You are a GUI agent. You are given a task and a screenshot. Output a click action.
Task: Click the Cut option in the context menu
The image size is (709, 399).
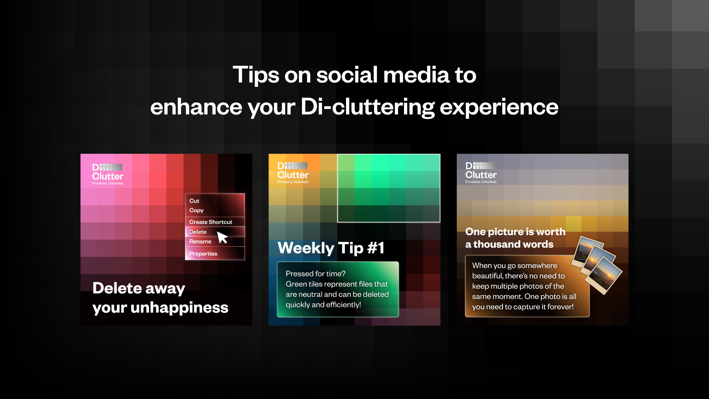tap(194, 201)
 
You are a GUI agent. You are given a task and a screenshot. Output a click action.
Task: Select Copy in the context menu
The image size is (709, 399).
tap(196, 210)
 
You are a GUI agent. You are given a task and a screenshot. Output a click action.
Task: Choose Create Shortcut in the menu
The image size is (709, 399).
tap(210, 222)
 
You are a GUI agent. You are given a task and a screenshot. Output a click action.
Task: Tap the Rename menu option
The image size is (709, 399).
tap(200, 242)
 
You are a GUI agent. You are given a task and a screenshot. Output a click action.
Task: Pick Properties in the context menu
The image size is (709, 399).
tap(203, 254)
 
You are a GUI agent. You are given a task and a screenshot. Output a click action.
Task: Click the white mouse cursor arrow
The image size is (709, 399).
tap(222, 237)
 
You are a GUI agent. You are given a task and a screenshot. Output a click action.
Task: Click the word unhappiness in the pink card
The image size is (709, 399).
tap(179, 308)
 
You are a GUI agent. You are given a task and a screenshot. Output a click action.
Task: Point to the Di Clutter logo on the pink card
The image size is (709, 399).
tap(108, 174)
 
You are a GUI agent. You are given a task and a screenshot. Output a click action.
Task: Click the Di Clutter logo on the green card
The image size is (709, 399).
tap(293, 173)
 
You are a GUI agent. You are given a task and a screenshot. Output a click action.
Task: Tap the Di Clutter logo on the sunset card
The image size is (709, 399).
tap(481, 173)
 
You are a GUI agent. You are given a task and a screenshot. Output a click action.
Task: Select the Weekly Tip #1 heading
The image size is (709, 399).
tap(331, 248)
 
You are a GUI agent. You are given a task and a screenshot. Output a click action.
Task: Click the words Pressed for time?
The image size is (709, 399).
tap(316, 274)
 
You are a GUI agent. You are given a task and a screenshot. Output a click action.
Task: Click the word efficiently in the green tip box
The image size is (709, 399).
tap(344, 305)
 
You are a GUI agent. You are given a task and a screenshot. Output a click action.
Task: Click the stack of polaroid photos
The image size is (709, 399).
tap(597, 265)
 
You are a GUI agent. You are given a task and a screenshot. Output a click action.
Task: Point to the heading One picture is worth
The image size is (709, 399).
tap(516, 232)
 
